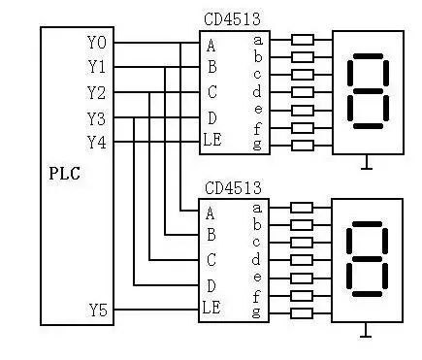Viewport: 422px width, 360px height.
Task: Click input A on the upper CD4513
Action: click(x=211, y=45)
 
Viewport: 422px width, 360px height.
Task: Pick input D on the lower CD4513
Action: click(x=211, y=285)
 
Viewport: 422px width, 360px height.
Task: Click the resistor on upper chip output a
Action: click(x=303, y=40)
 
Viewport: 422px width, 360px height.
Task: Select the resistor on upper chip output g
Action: click(x=303, y=146)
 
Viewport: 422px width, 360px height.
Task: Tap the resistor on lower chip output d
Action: click(x=303, y=259)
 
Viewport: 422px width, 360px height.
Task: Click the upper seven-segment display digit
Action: click(x=367, y=93)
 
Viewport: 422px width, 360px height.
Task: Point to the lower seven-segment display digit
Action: click(x=367, y=259)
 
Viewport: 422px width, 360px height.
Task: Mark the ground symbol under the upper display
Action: click(x=366, y=163)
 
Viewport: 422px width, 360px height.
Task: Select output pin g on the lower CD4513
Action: click(x=256, y=311)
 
